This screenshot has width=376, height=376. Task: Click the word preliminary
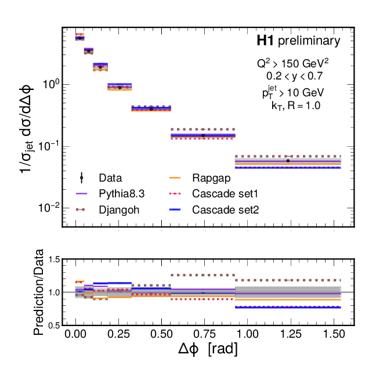(x=309, y=41)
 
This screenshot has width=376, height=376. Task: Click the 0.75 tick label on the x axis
(x=204, y=335)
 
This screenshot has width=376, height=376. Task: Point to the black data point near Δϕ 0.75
(x=203, y=135)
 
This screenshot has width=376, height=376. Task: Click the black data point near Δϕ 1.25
(x=288, y=160)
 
